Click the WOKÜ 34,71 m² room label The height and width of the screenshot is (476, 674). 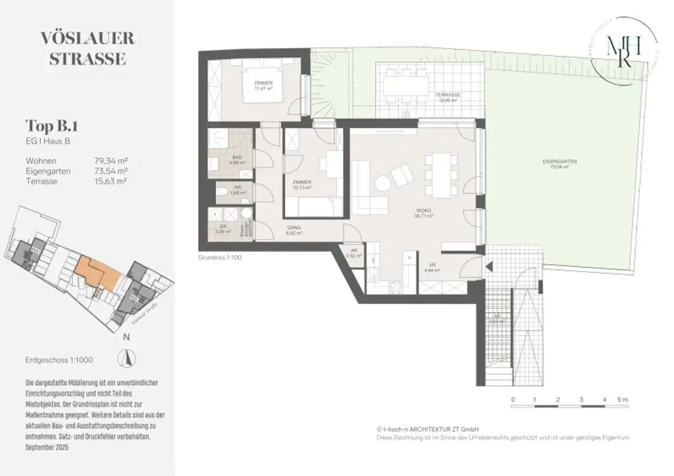click(424, 214)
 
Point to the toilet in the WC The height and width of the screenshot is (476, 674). click(223, 192)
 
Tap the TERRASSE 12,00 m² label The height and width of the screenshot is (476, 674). click(448, 97)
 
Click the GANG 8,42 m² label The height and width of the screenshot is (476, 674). click(294, 230)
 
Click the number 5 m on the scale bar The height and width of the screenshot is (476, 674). click(623, 399)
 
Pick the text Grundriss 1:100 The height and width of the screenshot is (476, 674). click(220, 258)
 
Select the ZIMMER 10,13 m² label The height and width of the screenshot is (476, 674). click(301, 184)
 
